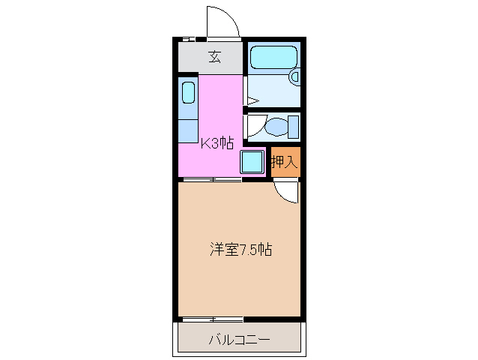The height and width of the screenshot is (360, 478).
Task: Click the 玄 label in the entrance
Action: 214,55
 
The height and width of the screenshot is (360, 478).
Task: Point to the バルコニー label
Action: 240,340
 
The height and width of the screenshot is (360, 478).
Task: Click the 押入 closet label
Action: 285,160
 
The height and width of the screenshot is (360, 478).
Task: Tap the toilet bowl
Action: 276,126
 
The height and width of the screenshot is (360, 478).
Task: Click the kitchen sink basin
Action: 188,94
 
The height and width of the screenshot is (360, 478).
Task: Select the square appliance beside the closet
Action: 252,161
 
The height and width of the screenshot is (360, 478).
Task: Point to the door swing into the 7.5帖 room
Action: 286,193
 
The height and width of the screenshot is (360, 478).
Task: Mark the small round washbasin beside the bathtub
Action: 295,76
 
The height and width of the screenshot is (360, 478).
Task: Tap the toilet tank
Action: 294,126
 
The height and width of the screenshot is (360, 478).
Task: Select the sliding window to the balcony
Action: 211,319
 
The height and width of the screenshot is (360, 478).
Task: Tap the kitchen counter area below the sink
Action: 188,127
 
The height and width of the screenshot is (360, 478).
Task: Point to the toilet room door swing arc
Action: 254,124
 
